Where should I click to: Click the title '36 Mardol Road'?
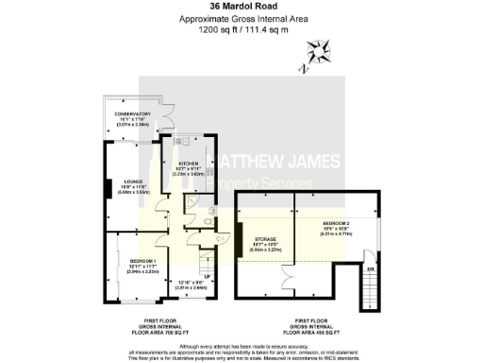pos(241,9)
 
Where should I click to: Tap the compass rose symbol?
pos(318,54)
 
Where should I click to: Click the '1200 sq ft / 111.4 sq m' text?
pos(241,29)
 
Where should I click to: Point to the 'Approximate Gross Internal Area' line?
pos(241,19)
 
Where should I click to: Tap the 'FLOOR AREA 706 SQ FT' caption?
pos(150,334)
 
